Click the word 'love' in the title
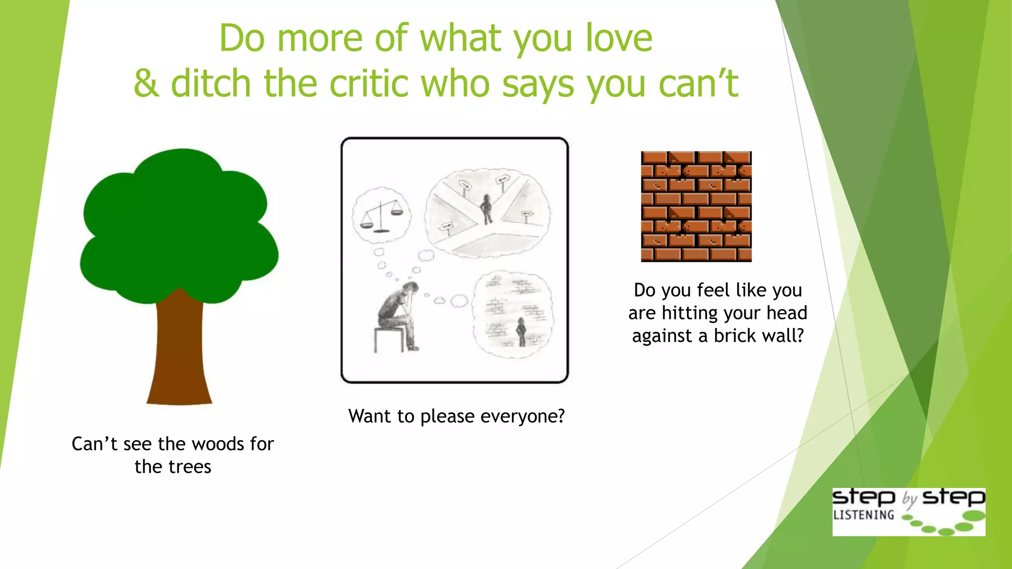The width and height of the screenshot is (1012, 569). coord(619,38)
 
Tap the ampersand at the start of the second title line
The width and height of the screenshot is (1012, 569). coord(146,83)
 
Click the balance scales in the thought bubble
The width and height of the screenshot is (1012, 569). coord(381,215)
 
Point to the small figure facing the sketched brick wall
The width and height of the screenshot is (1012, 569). coord(521,331)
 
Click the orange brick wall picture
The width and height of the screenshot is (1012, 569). coord(696,206)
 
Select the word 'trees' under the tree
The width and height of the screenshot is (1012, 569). coord(190,467)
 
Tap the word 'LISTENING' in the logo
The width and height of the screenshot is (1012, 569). coord(863,515)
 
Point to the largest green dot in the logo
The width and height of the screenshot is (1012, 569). coord(974,516)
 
